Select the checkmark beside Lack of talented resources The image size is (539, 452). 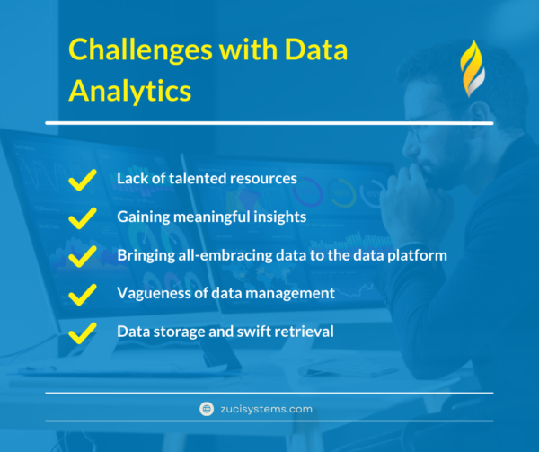tap(83, 179)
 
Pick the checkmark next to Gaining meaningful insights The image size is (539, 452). tap(83, 217)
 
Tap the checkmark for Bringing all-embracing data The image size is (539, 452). tap(83, 256)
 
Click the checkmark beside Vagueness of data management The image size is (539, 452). tap(83, 294)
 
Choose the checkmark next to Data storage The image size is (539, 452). tap(83, 332)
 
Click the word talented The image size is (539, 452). tap(198, 178)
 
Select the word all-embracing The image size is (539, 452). tap(216, 255)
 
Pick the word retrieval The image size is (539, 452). tap(304, 332)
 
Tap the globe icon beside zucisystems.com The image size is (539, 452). tap(208, 409)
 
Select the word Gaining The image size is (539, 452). tap(142, 217)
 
